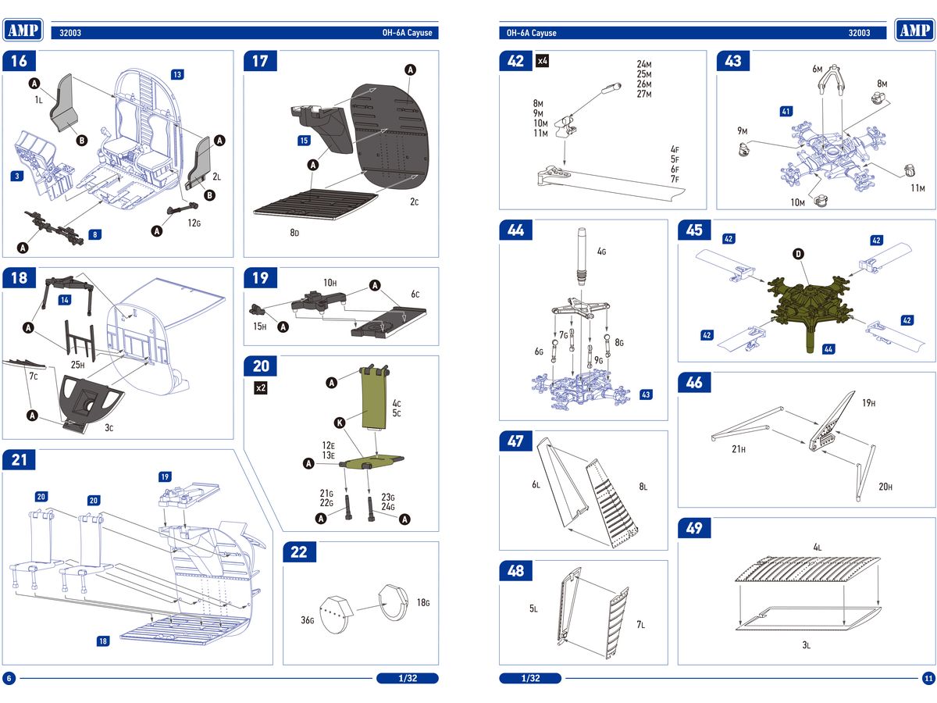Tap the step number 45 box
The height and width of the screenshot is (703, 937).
(694, 230)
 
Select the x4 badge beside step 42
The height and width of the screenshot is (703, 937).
(543, 61)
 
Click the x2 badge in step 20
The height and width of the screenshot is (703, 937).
(261, 388)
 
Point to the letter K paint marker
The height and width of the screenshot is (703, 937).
(339, 423)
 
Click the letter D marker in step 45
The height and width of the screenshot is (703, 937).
(798, 254)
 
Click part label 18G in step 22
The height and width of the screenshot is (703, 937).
(423, 602)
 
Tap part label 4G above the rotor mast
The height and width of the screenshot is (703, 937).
(601, 252)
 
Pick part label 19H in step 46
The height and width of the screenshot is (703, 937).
(868, 403)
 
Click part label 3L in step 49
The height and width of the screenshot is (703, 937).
(807, 645)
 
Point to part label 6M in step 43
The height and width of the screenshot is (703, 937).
(818, 70)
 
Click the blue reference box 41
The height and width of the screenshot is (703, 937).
(786, 112)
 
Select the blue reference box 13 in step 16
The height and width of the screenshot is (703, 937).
(177, 74)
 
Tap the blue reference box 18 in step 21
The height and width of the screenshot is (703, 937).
(103, 641)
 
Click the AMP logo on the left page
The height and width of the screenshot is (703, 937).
(23, 30)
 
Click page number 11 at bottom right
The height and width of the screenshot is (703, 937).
(928, 678)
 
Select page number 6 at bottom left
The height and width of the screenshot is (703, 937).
(9, 678)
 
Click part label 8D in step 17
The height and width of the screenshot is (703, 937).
(295, 233)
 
